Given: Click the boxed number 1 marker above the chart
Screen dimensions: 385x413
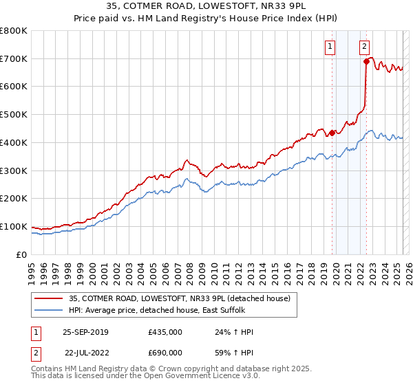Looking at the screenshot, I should pyautogui.click(x=331, y=47).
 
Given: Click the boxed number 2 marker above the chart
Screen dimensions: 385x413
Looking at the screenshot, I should pyautogui.click(x=364, y=47).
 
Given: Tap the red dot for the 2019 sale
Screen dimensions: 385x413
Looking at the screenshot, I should pyautogui.click(x=332, y=133).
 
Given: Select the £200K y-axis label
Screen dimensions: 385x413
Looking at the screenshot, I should pyautogui.click(x=14, y=199).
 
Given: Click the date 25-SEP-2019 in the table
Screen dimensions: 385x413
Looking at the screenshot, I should pyautogui.click(x=85, y=332).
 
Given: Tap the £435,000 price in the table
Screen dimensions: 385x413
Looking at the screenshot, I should pyautogui.click(x=165, y=332).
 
